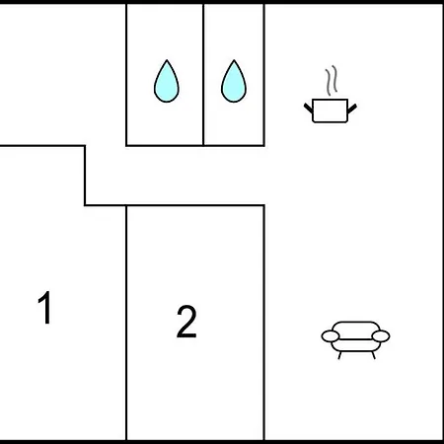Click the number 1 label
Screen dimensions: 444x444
(x=45, y=308)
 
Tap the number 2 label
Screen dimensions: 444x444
(x=186, y=322)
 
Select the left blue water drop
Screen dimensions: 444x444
(x=167, y=81)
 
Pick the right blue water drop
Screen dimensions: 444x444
(x=234, y=81)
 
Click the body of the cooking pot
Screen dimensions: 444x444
(x=330, y=111)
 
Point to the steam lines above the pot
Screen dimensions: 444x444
(x=332, y=80)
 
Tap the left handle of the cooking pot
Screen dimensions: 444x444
(x=308, y=108)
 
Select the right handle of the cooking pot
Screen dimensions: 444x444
(x=352, y=109)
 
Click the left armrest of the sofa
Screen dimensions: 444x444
(x=331, y=336)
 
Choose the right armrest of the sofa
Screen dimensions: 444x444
(x=381, y=336)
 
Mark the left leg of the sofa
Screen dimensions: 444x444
(x=339, y=355)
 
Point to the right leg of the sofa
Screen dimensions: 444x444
(x=374, y=355)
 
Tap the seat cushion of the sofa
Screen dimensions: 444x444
(x=355, y=345)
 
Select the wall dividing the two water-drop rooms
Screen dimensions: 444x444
(x=203, y=75)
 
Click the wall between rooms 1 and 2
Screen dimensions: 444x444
(x=126, y=323)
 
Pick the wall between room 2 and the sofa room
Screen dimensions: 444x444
(x=264, y=323)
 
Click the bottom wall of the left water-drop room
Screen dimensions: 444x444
(x=165, y=145)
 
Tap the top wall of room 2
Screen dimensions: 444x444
(x=195, y=205)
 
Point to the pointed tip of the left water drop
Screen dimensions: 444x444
(x=167, y=60)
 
